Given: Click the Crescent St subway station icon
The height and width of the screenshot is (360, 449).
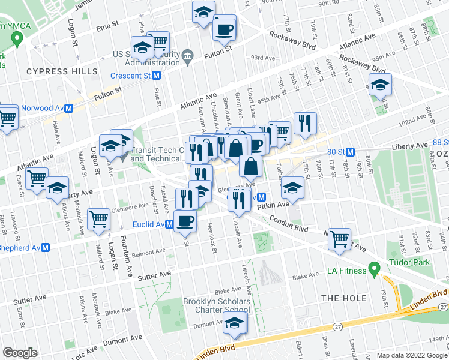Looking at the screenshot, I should coord(157,76).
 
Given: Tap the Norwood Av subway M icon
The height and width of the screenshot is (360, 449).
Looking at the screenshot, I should coord(69,109).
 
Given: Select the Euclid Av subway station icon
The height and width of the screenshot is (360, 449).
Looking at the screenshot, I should coord(170,224).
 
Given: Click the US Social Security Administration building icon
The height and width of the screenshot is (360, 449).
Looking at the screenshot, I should coord(187,56).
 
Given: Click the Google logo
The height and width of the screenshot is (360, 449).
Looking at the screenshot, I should coord(20,353).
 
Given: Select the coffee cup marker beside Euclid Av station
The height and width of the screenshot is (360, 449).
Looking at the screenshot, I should coord(185,220).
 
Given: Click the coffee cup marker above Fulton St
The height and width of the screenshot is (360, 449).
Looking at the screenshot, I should coord(225,29).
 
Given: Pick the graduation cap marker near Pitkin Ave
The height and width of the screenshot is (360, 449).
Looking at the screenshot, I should coord(292,188).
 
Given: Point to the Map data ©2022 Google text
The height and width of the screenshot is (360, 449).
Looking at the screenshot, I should coord(411,355).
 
